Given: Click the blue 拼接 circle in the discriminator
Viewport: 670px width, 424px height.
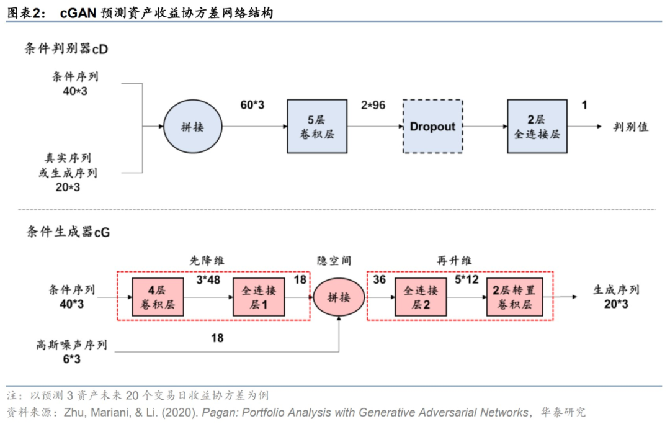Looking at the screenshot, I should [x=194, y=127].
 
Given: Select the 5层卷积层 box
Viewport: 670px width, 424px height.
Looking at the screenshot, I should [x=317, y=127].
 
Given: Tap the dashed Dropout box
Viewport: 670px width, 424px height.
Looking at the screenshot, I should [x=432, y=127].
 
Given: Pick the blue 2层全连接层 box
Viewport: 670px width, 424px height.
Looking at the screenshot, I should [x=537, y=127].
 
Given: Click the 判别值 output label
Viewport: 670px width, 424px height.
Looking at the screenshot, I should [x=631, y=127].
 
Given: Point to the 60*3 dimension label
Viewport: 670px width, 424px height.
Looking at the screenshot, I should [x=252, y=105].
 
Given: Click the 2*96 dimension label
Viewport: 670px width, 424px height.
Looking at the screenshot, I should [x=373, y=105].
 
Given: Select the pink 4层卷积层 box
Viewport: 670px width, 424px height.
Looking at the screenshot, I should [x=158, y=297].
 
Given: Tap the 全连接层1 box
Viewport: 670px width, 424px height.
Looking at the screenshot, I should [x=259, y=297].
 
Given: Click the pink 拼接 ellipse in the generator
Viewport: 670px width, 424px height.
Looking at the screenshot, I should [x=339, y=297].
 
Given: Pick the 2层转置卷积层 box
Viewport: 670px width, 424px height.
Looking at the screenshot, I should [x=512, y=297].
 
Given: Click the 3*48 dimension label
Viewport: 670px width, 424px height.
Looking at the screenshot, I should [x=208, y=280].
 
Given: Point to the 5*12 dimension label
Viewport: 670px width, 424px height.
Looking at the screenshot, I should [x=467, y=280].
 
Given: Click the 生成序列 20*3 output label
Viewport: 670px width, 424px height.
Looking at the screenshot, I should [x=617, y=297].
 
